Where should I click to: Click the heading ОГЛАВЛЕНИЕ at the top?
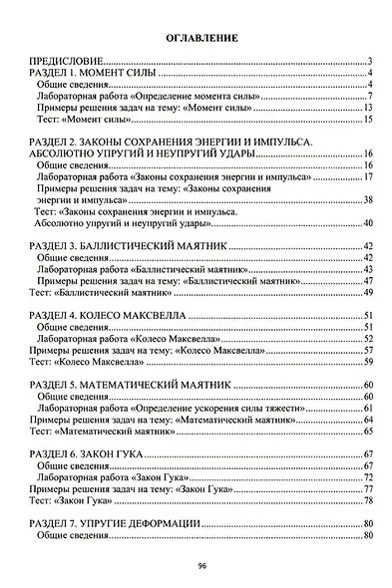coord(196,38)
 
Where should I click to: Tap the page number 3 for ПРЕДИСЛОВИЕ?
coord(369,62)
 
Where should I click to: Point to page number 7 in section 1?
coord(369,97)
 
